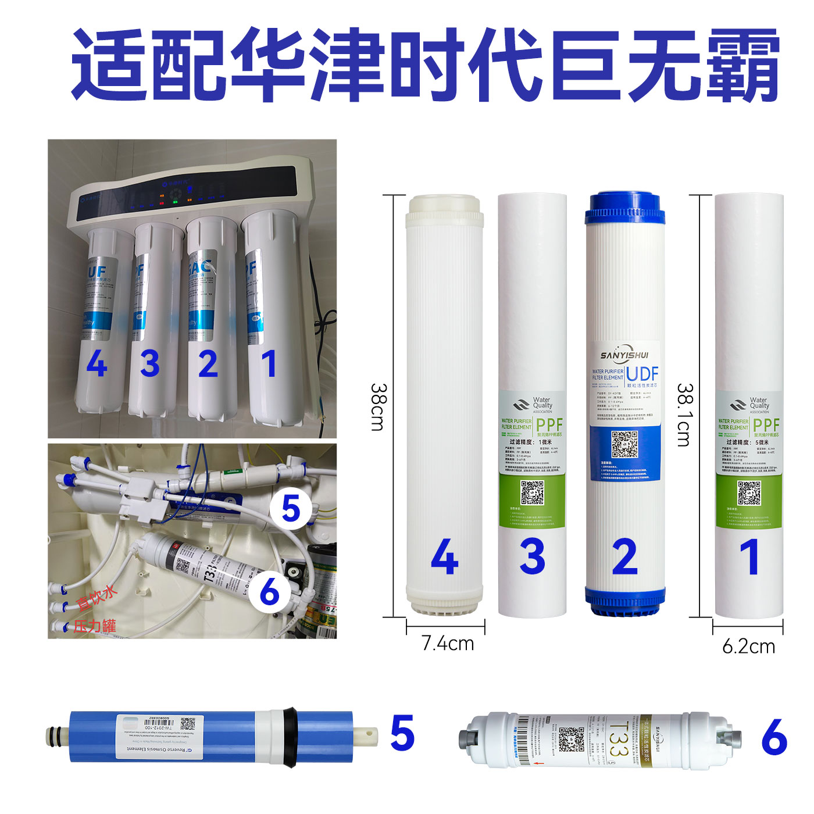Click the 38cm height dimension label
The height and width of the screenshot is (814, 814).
pos(377,407)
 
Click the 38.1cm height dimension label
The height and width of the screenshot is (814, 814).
pos(686,415)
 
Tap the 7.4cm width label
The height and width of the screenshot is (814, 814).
pos(447,643)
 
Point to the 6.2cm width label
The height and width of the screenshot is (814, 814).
pos(748,646)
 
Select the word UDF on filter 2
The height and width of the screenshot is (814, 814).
pos(642,374)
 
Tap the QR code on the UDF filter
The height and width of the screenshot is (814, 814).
pos(624,444)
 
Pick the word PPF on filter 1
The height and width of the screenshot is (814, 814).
pos(766,424)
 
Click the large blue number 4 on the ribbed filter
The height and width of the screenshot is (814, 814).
pos(445,556)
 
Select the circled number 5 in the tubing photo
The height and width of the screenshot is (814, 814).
pos(291,509)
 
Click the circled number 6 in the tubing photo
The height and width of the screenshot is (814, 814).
pos(270,592)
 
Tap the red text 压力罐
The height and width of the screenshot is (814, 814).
pos(94,626)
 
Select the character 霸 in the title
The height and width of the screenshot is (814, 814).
pos(742,65)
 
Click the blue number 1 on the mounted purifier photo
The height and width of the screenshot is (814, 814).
pos(268,365)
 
